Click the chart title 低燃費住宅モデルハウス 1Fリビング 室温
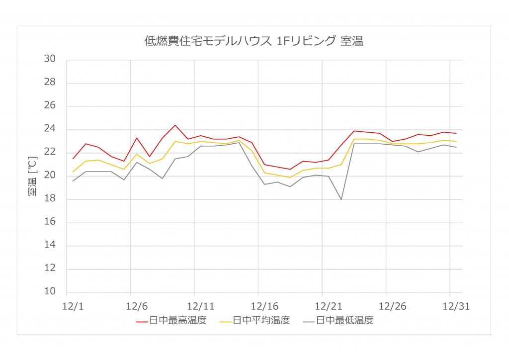coord(254,41)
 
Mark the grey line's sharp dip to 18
coord(341,199)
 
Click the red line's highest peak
coord(175,125)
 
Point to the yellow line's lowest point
coord(290,178)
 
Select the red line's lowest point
coord(290,169)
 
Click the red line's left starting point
coord(73,159)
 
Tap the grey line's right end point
coord(456,147)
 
